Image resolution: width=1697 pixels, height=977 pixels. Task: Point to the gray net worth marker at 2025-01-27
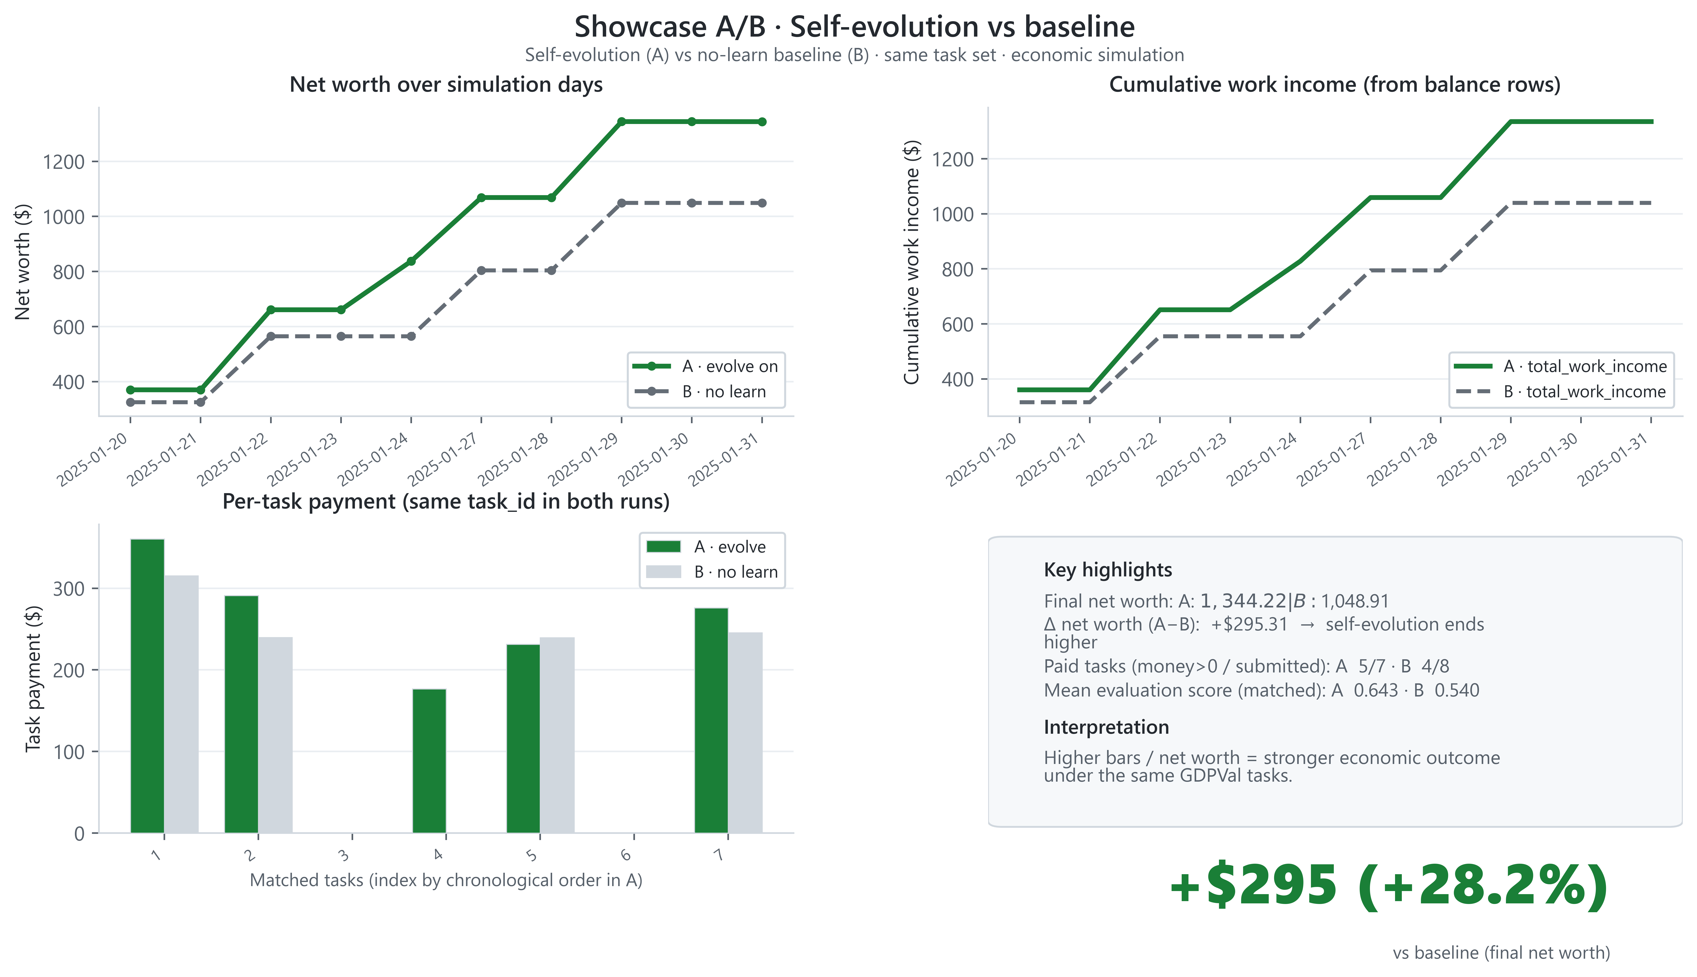pyautogui.click(x=481, y=270)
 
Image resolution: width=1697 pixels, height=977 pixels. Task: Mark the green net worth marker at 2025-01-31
pyautogui.click(x=762, y=122)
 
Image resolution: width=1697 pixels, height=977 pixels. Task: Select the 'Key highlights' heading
pyautogui.click(x=1108, y=570)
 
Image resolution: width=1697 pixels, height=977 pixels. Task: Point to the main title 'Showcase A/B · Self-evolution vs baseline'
pyautogui.click(x=854, y=27)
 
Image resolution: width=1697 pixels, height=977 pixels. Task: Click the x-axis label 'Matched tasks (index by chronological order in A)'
pyautogui.click(x=446, y=880)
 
